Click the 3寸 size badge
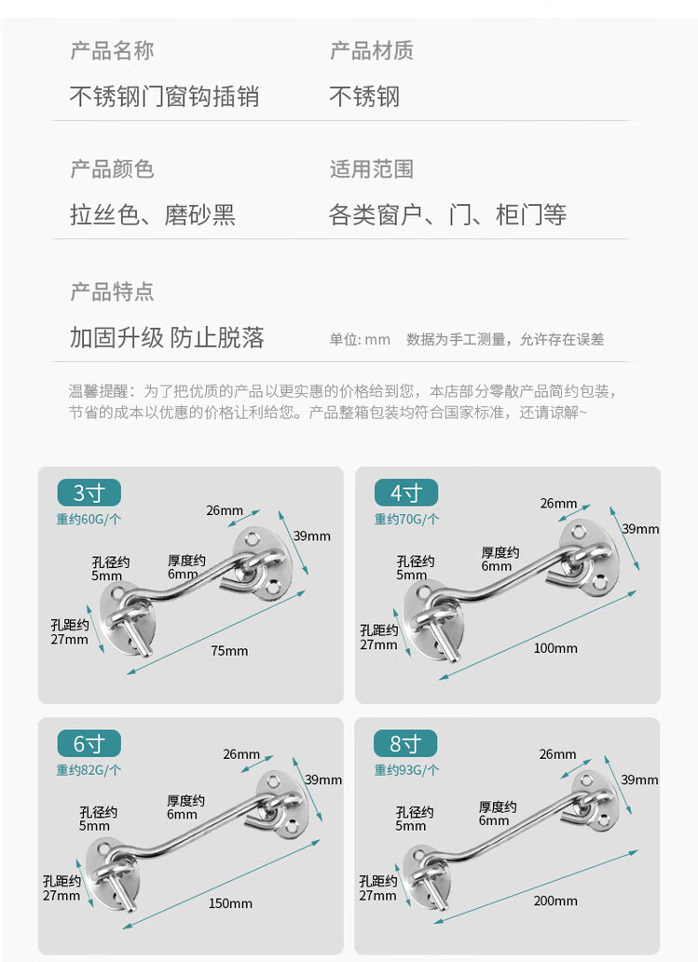click(89, 493)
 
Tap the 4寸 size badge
click(405, 493)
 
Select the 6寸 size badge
click(89, 743)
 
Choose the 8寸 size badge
click(405, 743)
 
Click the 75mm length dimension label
click(229, 651)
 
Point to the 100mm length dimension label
click(555, 648)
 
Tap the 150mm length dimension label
click(230, 903)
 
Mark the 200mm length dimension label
click(555, 901)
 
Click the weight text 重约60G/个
click(89, 520)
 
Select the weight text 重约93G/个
click(406, 770)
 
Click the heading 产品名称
click(112, 50)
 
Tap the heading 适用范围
click(372, 169)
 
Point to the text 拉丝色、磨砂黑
click(153, 215)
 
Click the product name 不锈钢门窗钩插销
click(165, 96)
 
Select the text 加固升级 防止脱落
click(167, 337)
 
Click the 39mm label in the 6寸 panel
click(323, 779)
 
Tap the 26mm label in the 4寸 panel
click(558, 504)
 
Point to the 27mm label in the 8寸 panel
click(377, 896)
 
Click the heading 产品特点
click(112, 291)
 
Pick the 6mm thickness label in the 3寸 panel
click(183, 575)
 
